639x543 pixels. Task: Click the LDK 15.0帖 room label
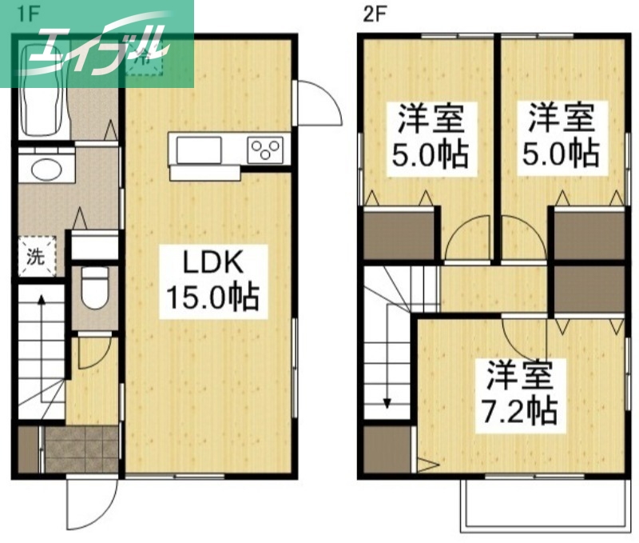click(212, 279)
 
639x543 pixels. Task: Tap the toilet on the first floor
click(95, 288)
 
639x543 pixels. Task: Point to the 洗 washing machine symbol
click(35, 257)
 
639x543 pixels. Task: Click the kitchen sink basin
click(199, 150)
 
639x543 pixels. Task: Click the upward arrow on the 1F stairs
click(38, 308)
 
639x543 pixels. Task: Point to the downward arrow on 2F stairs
click(387, 392)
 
